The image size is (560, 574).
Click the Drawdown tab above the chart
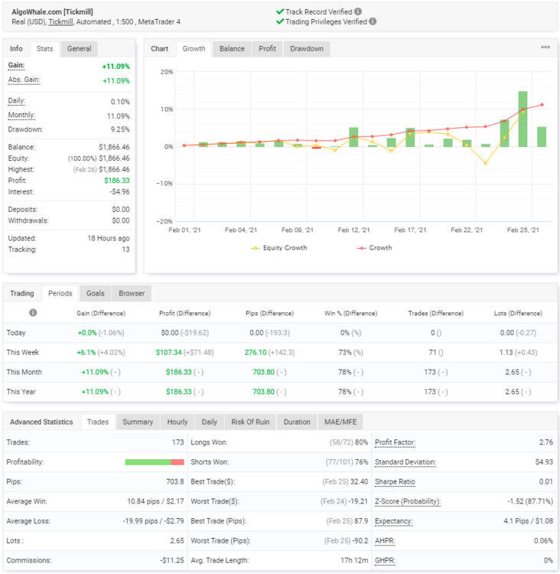point(307,49)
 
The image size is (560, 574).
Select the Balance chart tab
point(232,49)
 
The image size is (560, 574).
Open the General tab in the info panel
point(79,49)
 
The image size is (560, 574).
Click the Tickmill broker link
point(60,22)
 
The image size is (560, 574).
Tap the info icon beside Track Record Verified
point(358,11)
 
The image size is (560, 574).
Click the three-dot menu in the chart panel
point(545,47)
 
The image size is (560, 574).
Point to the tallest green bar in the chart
point(523,119)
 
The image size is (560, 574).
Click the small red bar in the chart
point(316,148)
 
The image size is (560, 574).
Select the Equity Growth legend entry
point(279,248)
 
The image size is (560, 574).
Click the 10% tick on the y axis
point(167,109)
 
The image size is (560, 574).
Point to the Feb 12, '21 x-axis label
point(353,230)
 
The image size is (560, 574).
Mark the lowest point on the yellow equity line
point(485,163)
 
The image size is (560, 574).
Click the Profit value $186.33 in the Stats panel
point(117,181)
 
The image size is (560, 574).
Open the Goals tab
point(95,294)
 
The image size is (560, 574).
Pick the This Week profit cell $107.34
point(169,353)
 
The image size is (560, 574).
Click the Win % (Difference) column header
point(350,313)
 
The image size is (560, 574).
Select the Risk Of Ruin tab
point(250,422)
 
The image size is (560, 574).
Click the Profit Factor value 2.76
point(546,442)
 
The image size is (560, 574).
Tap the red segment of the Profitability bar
point(177,462)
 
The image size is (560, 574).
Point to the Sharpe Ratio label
point(395,481)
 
